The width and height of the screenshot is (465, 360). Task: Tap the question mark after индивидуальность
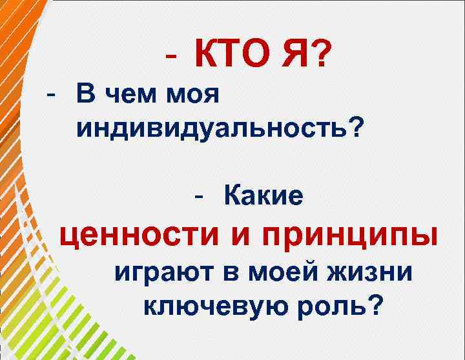[x=355, y=127]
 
